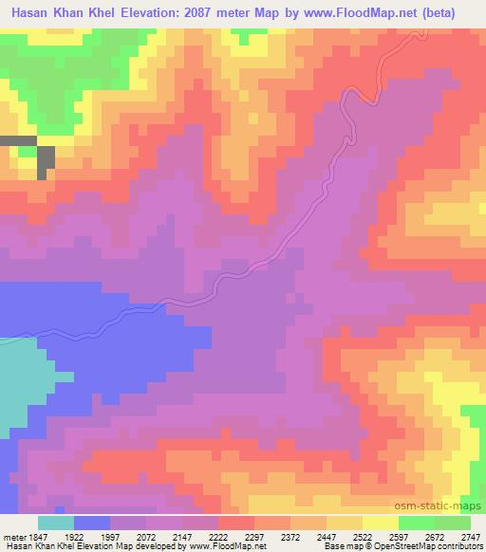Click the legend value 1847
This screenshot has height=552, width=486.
(37, 536)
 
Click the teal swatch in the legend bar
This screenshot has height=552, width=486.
(56, 523)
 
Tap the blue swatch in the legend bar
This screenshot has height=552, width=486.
(92, 523)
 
